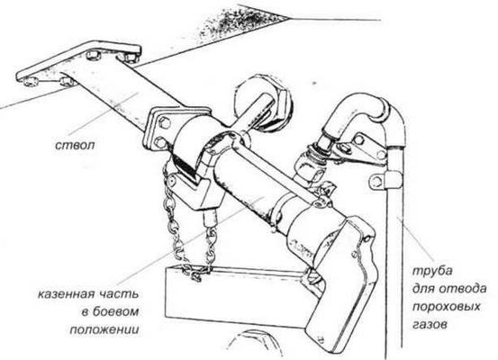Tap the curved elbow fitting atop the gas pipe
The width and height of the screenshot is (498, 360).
click(347, 112)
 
